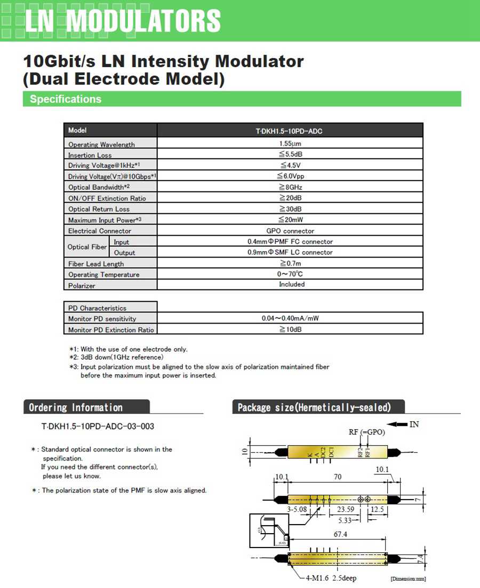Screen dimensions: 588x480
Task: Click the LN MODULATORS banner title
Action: coord(123,21)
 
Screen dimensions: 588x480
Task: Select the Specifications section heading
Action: coord(66,99)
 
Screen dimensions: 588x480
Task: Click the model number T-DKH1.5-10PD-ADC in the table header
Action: coord(289,131)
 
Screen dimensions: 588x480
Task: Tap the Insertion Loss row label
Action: coord(90,155)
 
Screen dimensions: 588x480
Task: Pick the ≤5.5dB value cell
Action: coord(290,154)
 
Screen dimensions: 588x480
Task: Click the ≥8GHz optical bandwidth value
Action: coord(290,187)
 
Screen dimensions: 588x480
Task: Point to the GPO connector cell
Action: coord(290,231)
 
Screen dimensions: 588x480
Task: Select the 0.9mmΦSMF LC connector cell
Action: coord(290,252)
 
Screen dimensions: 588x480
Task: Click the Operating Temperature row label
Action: coord(103,275)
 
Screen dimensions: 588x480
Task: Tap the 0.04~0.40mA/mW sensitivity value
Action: coord(290,318)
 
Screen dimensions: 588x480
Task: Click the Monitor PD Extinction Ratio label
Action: coord(111,330)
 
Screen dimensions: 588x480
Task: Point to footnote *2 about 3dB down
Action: coord(116,357)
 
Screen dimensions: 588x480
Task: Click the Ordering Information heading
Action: coord(76,408)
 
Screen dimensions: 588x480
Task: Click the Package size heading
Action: coord(314,408)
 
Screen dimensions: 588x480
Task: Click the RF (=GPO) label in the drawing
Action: coord(367,432)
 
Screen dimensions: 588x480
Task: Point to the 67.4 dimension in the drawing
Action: coord(337,535)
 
